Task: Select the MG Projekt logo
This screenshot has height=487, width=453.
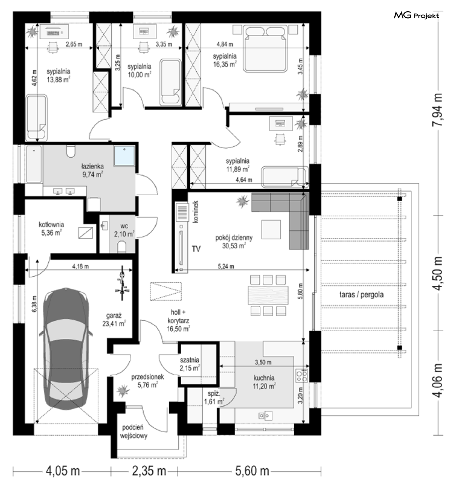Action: [x=416, y=15]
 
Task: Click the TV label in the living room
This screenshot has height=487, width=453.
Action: [x=196, y=249]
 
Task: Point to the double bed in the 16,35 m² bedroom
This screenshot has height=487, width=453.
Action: [x=264, y=49]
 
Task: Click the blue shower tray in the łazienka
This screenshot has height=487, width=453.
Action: [x=124, y=155]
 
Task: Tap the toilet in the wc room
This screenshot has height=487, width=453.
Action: [x=122, y=247]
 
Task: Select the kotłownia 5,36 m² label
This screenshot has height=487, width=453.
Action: [x=51, y=228]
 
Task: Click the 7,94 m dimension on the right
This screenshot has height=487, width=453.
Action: [x=437, y=110]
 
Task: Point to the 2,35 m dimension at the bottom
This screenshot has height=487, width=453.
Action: [x=149, y=471]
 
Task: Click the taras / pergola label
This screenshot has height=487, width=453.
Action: [x=362, y=294]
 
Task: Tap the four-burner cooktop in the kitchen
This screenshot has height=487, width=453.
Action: [x=301, y=375]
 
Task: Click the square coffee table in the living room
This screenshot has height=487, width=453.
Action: [x=271, y=230]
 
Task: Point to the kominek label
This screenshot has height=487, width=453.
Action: [x=195, y=212]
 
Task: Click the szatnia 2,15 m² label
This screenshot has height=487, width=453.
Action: [x=189, y=364]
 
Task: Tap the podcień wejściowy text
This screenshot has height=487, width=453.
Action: [x=134, y=432]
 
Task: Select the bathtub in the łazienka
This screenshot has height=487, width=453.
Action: [x=34, y=164]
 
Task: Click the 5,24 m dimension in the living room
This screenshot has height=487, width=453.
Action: [x=226, y=266]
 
